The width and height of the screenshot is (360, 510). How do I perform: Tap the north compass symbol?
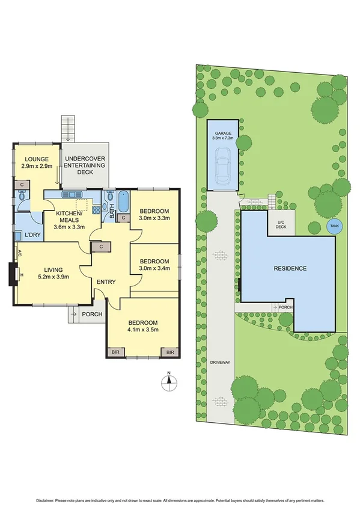click(x=169, y=381)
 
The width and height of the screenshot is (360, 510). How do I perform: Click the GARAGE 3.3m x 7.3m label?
click(x=222, y=136)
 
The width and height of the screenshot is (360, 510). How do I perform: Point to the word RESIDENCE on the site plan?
click(x=290, y=268)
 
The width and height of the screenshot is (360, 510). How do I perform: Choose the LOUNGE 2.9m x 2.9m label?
click(x=37, y=162)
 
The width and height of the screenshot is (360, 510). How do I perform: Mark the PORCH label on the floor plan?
click(x=91, y=313)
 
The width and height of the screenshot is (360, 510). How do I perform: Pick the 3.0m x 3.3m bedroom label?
click(x=156, y=215)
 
